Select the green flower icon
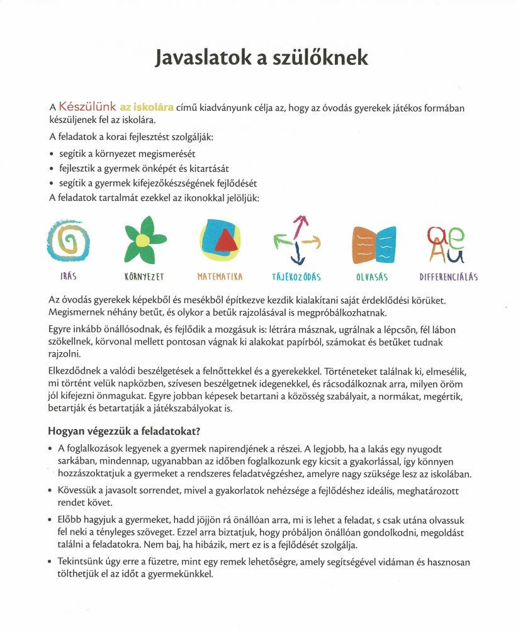(144, 241)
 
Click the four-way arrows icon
(298, 241)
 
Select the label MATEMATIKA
(220, 277)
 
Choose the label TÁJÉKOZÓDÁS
(296, 277)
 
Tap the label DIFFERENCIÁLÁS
(449, 277)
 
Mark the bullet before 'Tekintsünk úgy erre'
(50, 562)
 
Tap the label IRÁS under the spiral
(68, 277)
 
